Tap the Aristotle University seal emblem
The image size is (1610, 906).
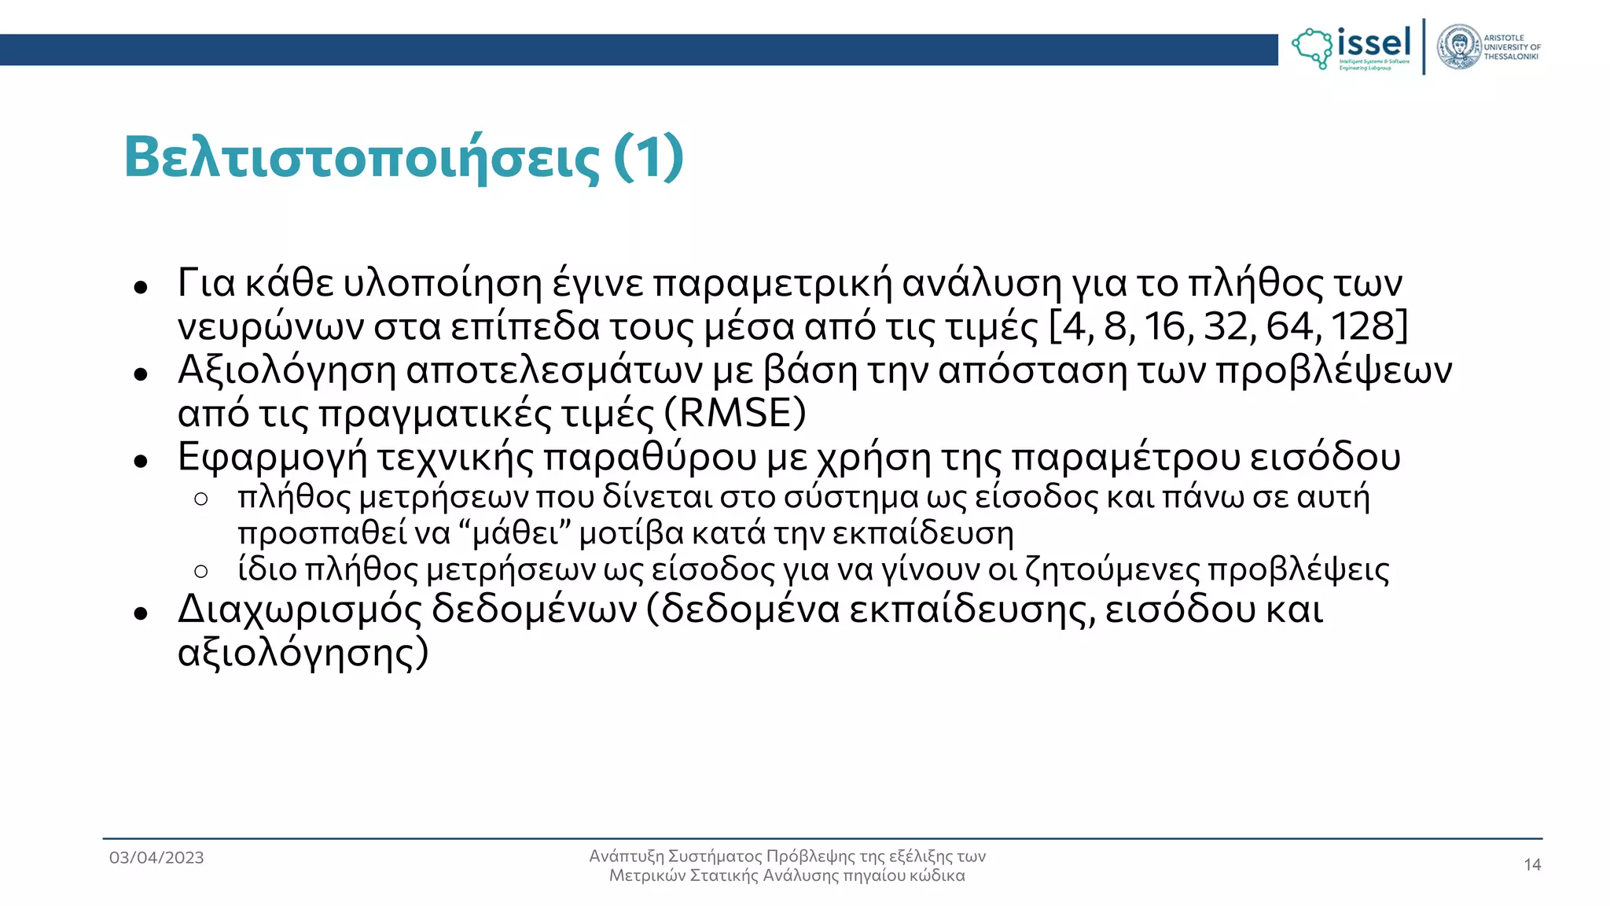1459,47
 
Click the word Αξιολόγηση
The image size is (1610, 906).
287,371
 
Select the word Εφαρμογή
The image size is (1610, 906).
272,458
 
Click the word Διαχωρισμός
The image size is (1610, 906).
300,609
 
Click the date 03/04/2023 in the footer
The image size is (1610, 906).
156,857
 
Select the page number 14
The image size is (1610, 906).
1532,865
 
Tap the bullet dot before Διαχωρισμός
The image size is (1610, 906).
141,613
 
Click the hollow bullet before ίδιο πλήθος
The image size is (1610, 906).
201,571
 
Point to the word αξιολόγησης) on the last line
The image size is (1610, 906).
303,653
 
